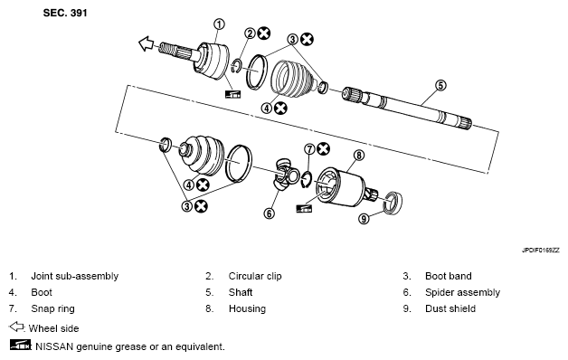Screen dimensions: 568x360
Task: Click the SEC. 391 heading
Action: click(x=65, y=13)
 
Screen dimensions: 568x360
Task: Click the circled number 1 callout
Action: click(x=219, y=24)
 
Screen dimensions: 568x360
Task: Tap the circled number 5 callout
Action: click(x=440, y=85)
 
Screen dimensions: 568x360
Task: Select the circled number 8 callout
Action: click(x=359, y=156)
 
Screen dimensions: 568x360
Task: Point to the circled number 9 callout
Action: click(x=364, y=218)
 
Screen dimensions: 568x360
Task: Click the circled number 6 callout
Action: click(x=269, y=213)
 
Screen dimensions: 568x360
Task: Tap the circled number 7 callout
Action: click(x=309, y=149)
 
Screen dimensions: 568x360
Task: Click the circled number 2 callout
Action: click(x=250, y=33)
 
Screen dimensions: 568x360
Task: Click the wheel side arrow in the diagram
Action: click(x=147, y=43)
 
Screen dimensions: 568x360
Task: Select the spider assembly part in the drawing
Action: click(x=284, y=174)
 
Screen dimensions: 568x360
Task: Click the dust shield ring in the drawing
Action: click(x=393, y=204)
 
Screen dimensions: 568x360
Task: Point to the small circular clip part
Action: click(x=237, y=66)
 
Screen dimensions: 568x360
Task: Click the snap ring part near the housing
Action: click(x=307, y=180)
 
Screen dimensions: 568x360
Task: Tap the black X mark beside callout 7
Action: click(x=323, y=149)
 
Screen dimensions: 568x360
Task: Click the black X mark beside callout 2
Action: click(x=264, y=33)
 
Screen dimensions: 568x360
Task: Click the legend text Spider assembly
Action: click(x=462, y=292)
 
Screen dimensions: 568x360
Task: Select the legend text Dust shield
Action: click(x=450, y=308)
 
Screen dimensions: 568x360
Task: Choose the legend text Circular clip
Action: click(x=255, y=276)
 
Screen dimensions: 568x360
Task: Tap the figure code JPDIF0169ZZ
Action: click(x=541, y=251)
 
